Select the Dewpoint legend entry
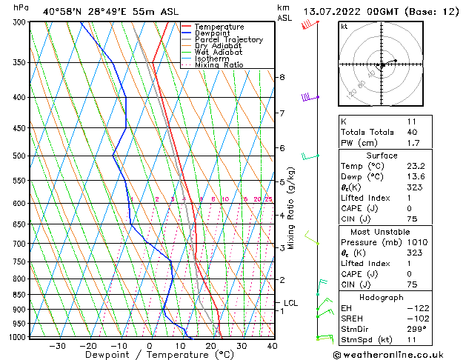(x=215, y=33)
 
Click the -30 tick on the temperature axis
(x=57, y=345)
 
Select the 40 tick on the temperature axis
(x=272, y=345)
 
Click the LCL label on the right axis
(x=290, y=303)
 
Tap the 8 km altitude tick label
(x=282, y=77)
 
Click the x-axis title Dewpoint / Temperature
(x=148, y=355)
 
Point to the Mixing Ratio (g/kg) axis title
(x=291, y=207)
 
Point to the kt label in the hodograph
(x=344, y=27)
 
